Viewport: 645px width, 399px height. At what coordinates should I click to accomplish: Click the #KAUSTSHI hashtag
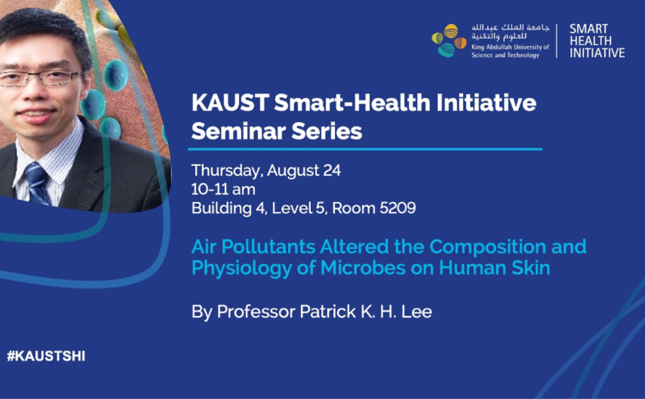pyautogui.click(x=46, y=356)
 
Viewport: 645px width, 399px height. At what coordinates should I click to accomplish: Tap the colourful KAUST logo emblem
pyautogui.click(x=449, y=41)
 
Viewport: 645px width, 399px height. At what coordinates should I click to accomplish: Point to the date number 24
pyautogui.click(x=332, y=170)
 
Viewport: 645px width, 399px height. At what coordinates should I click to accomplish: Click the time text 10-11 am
pyautogui.click(x=224, y=189)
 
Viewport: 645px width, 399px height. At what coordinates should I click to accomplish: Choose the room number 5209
pyautogui.click(x=398, y=208)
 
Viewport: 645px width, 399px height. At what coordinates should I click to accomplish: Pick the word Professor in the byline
pyautogui.click(x=256, y=311)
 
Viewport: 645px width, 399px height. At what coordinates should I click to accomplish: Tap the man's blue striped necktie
pyautogui.click(x=38, y=184)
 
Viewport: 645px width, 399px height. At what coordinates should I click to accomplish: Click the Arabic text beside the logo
pyautogui.click(x=510, y=32)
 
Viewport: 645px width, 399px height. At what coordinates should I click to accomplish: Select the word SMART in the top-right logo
pyautogui.click(x=588, y=29)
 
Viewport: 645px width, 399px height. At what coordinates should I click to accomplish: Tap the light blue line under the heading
pyautogui.click(x=365, y=149)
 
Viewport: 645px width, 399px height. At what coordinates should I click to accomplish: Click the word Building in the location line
pyautogui.click(x=221, y=209)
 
